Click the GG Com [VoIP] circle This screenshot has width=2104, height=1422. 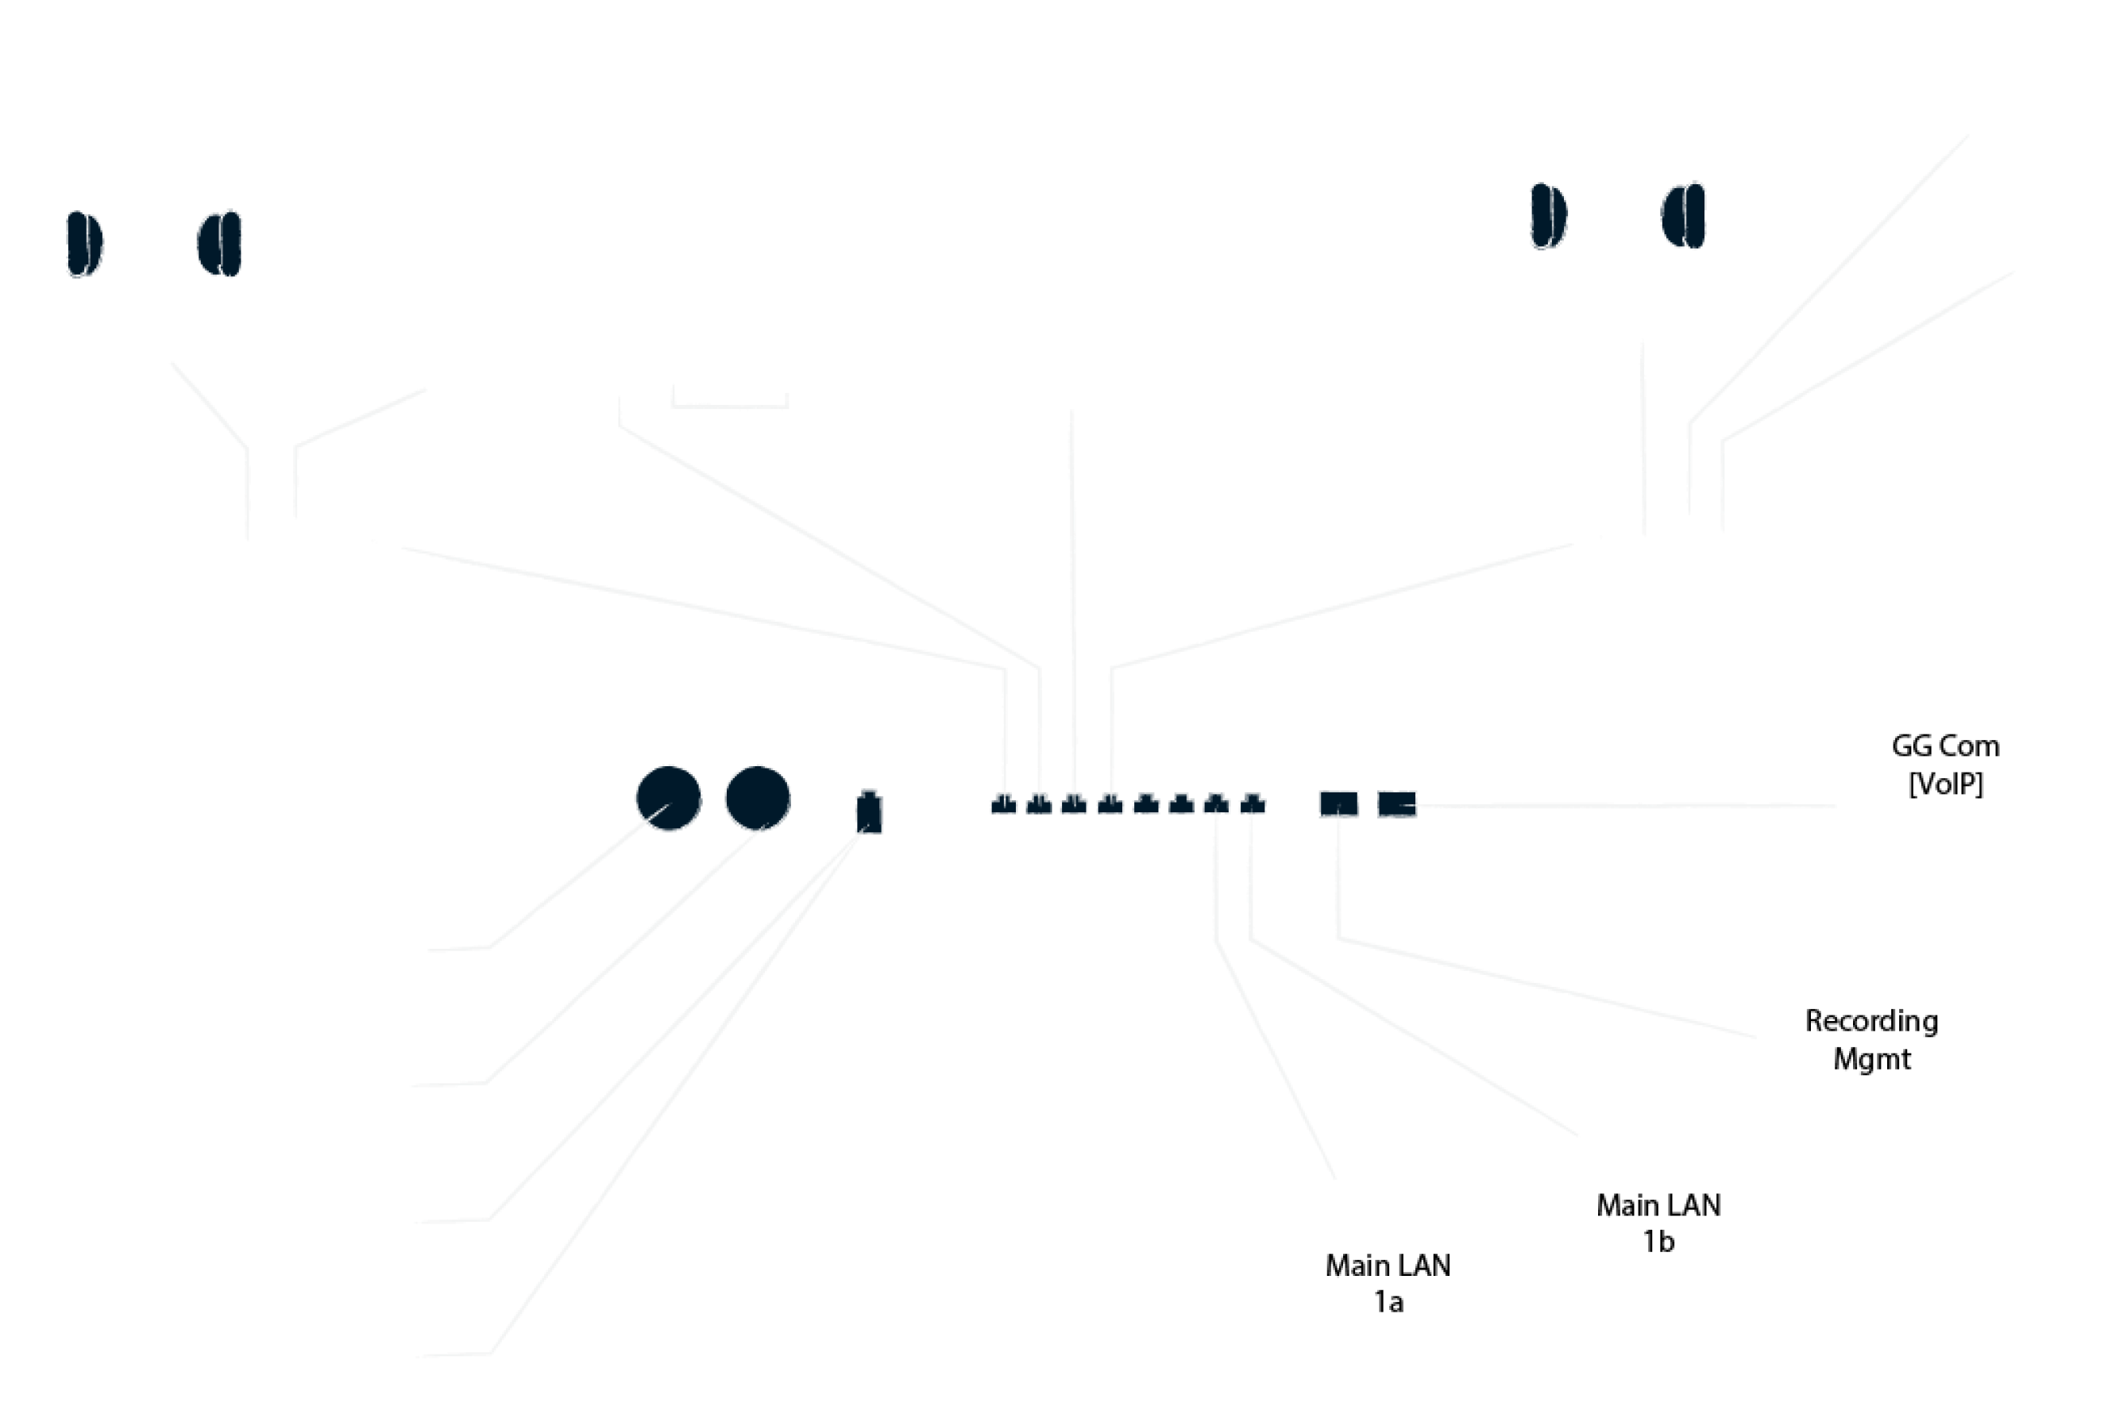coord(1944,765)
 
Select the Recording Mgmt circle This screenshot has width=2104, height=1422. coord(1870,1039)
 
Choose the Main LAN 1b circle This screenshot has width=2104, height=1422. coord(1658,1223)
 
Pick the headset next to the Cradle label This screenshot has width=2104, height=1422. coord(1618,208)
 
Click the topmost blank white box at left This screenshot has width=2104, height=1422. coord(214,946)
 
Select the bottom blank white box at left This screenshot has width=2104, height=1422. coord(219,1351)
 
